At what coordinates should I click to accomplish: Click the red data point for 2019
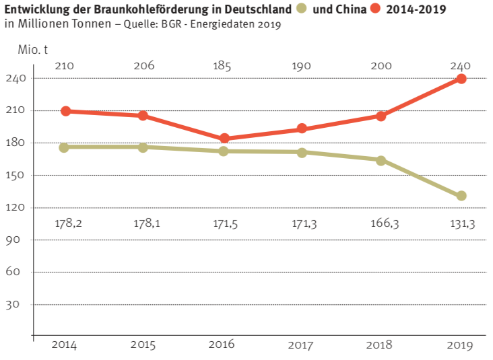(461, 79)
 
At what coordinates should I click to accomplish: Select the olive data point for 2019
(461, 196)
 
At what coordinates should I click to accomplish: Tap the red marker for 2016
(224, 139)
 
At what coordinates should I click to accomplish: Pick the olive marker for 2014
(65, 147)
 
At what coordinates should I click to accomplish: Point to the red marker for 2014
(66, 111)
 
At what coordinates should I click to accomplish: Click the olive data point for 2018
(381, 160)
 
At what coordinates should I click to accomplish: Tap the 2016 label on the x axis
(222, 345)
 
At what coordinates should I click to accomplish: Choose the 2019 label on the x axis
(460, 345)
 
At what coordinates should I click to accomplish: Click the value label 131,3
(461, 223)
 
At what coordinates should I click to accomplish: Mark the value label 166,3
(382, 223)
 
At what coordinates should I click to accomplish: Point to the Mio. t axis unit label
(33, 49)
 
